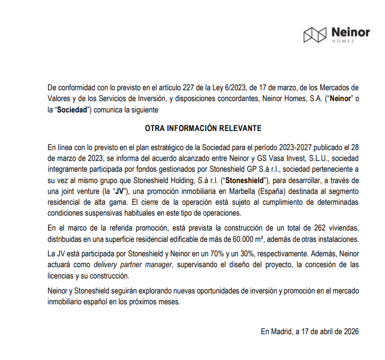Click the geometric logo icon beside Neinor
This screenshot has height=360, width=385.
tap(315, 35)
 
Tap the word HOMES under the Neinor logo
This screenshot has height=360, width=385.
tap(343, 41)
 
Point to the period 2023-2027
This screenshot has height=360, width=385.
tap(258, 146)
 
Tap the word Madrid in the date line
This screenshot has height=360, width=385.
tap(281, 331)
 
